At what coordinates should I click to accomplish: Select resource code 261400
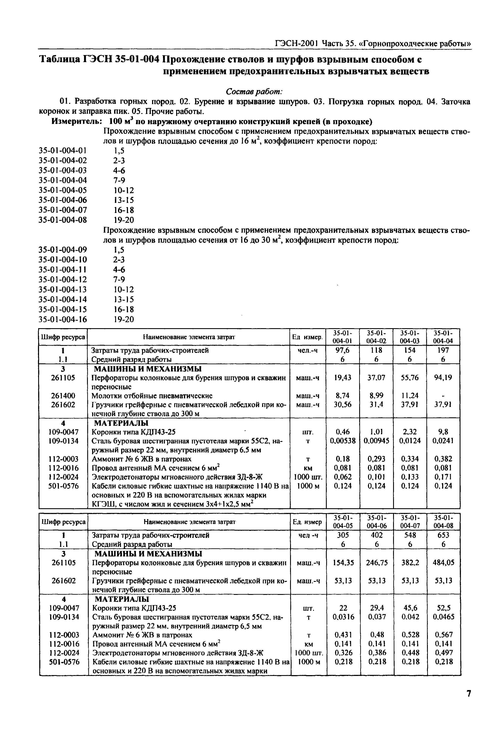click(63, 396)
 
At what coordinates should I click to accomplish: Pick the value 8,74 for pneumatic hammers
click(342, 396)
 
